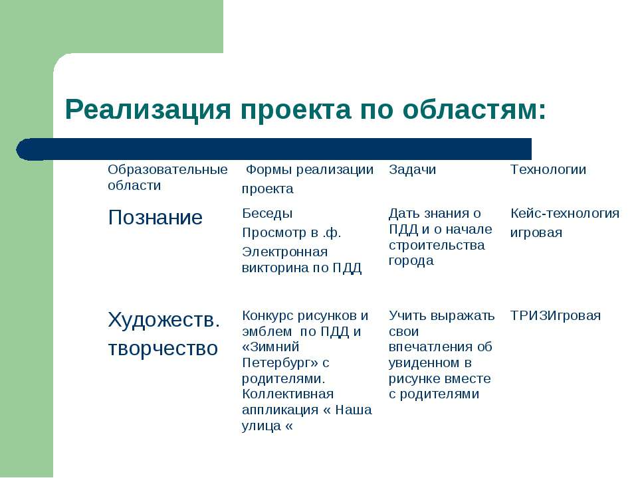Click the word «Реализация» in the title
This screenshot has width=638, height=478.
pos(148,110)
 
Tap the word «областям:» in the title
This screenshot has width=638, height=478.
pos(475,110)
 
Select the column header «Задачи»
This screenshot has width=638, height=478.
pos(412,170)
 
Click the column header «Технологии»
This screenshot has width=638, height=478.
pos(548,169)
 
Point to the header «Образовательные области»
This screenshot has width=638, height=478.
pos(167,177)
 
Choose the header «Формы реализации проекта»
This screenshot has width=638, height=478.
pos(308,179)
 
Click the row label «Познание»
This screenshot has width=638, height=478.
pos(155,218)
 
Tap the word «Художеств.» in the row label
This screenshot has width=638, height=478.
pos(164,320)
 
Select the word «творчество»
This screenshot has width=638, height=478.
pos(163,349)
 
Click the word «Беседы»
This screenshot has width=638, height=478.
pos(267,214)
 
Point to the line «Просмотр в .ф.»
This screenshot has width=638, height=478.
pos(291,233)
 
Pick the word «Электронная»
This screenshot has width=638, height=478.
pos(285,252)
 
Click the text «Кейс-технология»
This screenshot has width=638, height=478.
pos(565,213)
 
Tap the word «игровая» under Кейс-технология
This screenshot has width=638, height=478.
pos(536,233)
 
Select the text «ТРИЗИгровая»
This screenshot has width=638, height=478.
pos(556,316)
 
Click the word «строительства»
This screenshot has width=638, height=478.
pos(437,246)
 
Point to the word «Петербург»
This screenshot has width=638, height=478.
pos(280,363)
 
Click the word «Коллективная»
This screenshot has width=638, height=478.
pos(288,394)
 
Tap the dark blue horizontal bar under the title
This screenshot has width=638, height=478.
pos(274,149)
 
